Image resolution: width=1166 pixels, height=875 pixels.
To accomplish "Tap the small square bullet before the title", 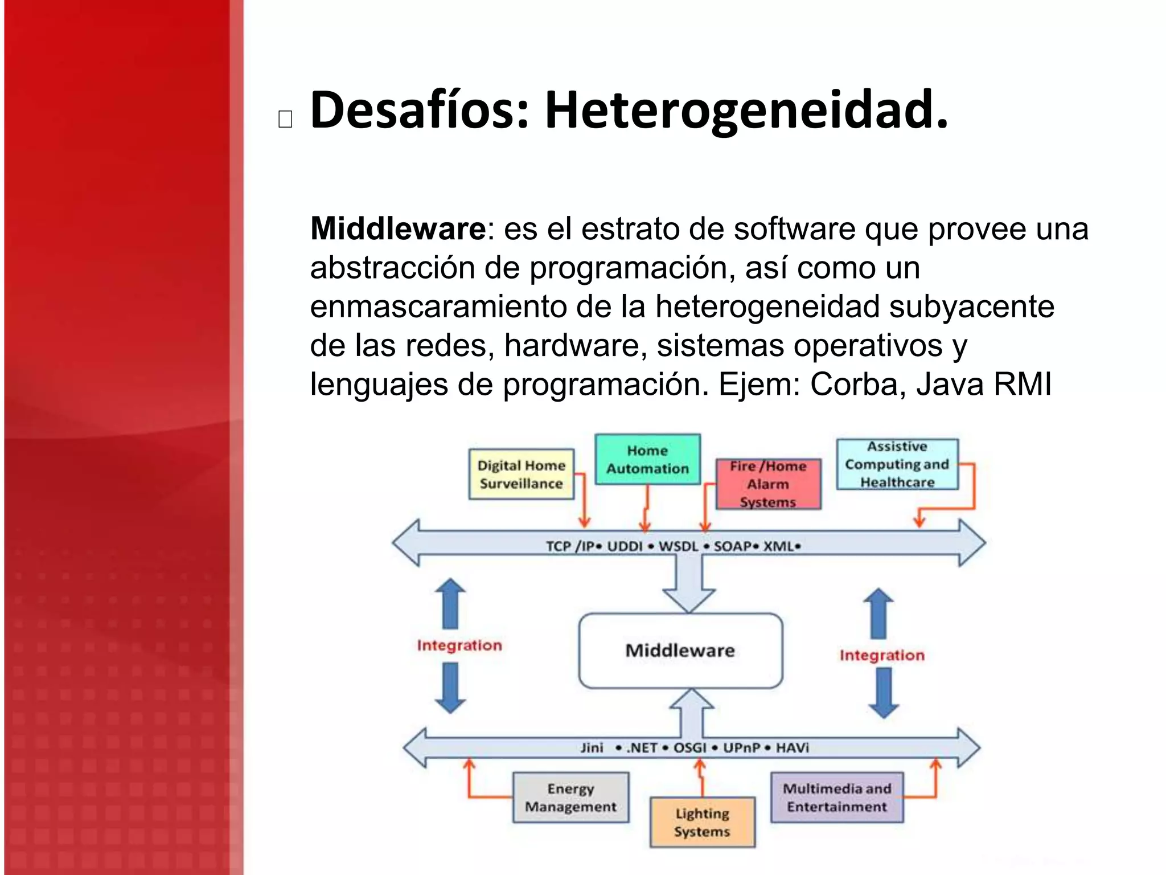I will point(285,118).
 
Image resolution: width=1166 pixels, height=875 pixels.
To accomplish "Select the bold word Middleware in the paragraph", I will point(397,229).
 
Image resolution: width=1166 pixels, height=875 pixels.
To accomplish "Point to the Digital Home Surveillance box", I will point(521,474).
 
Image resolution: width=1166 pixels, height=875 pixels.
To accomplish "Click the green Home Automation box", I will point(647,460).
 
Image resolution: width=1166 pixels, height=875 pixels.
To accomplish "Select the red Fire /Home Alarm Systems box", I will point(768,484).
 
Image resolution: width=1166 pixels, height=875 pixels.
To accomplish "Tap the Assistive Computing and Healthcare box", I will point(897,464).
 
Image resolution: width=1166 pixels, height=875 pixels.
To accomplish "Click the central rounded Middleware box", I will point(680,651).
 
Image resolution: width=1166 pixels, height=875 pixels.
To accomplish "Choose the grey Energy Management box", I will point(570,798).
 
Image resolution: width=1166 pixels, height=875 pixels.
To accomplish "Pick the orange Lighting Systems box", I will point(702,822).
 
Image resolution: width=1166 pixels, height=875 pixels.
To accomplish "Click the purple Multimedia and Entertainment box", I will point(837,798).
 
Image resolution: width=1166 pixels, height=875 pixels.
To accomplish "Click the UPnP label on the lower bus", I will point(741,747).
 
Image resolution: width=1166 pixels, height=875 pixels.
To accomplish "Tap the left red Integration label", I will point(459,645).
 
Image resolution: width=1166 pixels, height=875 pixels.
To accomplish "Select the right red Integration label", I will point(882,655).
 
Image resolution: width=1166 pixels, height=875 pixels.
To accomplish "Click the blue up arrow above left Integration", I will point(450,604).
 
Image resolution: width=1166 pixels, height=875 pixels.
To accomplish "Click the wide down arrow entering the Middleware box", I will point(689,587).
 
